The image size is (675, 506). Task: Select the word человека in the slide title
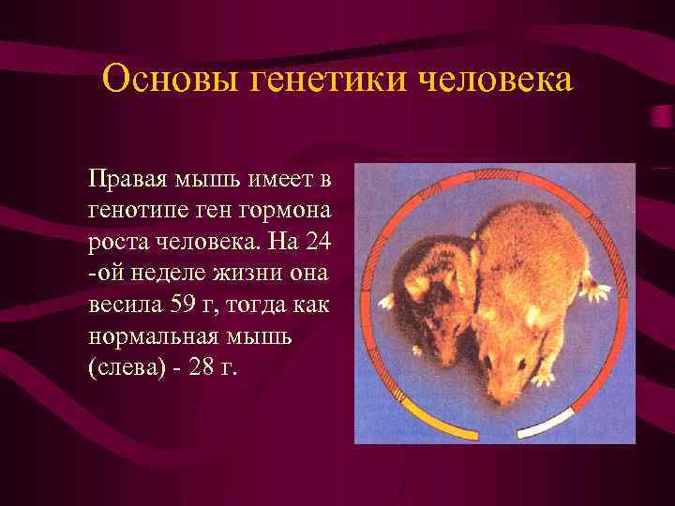[493, 80]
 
